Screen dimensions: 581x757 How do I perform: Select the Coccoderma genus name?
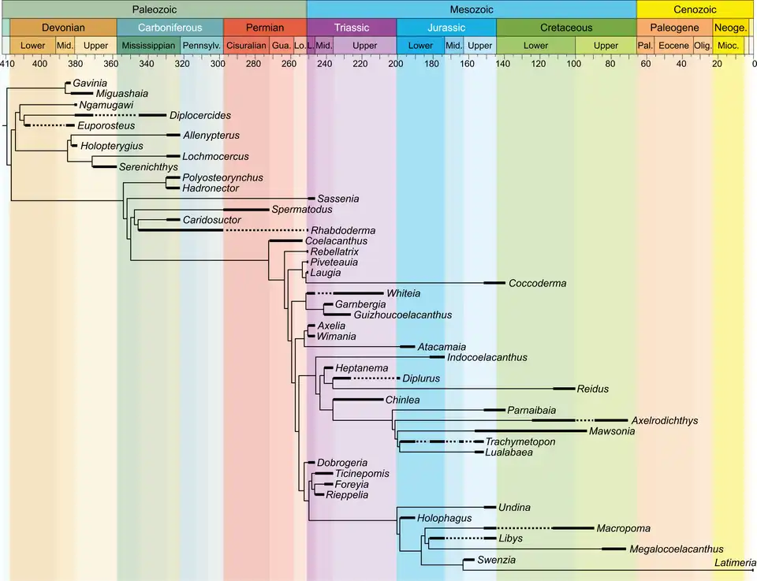[537, 283]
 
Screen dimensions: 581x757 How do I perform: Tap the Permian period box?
[264, 27]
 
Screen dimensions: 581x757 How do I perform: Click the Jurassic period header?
[446, 27]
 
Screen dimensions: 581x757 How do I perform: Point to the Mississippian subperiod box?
[148, 46]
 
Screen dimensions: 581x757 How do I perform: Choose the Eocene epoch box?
[673, 46]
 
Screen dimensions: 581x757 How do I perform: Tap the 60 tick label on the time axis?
[647, 64]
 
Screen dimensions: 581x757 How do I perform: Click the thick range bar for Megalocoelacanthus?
[613, 549]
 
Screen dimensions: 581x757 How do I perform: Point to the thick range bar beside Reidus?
[563, 389]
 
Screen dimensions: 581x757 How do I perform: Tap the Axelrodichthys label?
[665, 421]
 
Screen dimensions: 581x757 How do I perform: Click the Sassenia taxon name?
[337, 199]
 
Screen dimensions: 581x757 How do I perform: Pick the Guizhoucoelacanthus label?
[403, 315]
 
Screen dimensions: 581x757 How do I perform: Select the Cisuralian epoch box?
[246, 46]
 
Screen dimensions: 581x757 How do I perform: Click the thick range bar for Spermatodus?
[244, 209]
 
